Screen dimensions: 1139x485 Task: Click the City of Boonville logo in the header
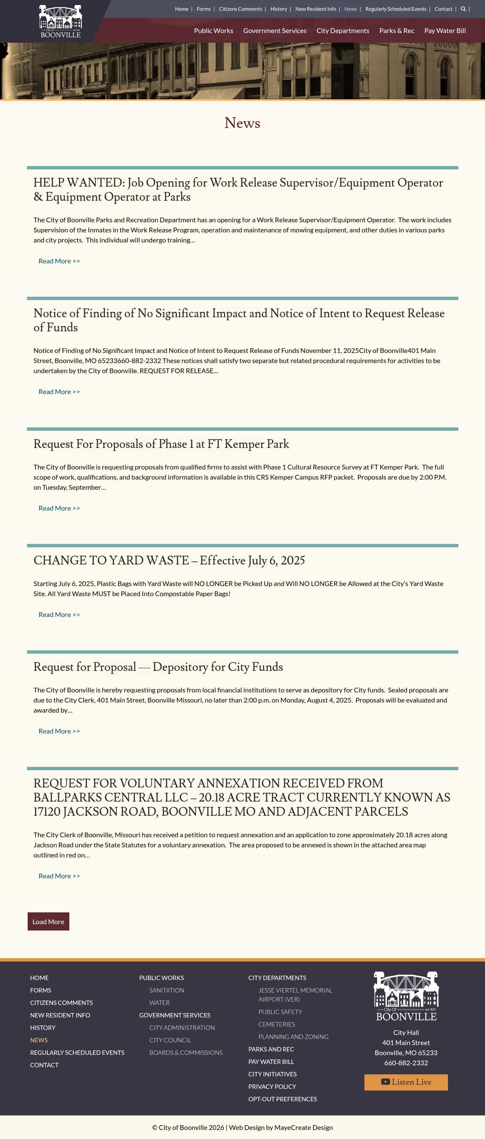point(61,22)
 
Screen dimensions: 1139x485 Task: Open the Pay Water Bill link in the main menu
point(445,31)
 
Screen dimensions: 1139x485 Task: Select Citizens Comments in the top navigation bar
point(240,9)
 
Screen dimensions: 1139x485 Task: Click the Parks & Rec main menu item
point(396,31)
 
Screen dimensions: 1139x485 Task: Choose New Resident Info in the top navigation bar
point(315,9)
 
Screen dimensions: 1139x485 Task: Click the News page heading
point(242,123)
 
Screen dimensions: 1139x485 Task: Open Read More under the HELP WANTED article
point(59,261)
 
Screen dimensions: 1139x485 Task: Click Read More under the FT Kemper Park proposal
point(59,508)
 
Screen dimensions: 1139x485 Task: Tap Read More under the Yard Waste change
point(59,615)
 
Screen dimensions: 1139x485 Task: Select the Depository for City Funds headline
point(158,667)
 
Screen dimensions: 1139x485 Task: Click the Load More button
point(48,921)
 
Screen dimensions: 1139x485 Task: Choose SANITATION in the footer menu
point(167,990)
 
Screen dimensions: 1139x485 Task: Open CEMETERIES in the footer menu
point(276,1024)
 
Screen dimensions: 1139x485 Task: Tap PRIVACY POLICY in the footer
point(272,1086)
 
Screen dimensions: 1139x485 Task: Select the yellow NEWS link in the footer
point(39,1040)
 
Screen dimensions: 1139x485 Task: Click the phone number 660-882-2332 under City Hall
point(406,1063)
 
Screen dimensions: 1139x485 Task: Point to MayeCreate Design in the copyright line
point(303,1127)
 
